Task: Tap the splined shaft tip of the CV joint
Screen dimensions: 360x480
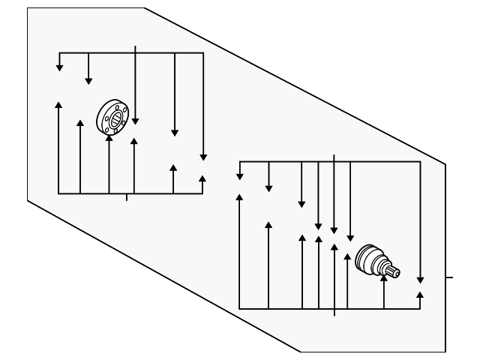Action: click(x=394, y=271)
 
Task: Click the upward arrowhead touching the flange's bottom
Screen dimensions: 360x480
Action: click(x=109, y=139)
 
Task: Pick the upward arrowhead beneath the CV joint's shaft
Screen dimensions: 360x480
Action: click(x=384, y=280)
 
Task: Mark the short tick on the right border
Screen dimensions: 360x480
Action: click(x=449, y=277)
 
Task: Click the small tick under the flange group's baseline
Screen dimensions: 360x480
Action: click(x=126, y=197)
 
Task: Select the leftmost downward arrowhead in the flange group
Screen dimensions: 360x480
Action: click(x=59, y=67)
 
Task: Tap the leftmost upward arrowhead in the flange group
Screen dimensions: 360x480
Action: click(x=58, y=103)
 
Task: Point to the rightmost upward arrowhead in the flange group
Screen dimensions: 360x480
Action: click(x=202, y=178)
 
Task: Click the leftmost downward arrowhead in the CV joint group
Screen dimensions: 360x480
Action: click(x=239, y=175)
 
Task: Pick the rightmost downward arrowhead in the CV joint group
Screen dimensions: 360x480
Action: click(x=420, y=278)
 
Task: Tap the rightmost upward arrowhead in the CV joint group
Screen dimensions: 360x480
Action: click(x=419, y=295)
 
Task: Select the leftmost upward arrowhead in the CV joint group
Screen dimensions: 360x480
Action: click(x=239, y=197)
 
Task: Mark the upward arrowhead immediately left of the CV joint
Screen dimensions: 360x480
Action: click(x=347, y=257)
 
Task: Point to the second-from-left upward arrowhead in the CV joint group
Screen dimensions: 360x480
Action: click(x=268, y=224)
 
